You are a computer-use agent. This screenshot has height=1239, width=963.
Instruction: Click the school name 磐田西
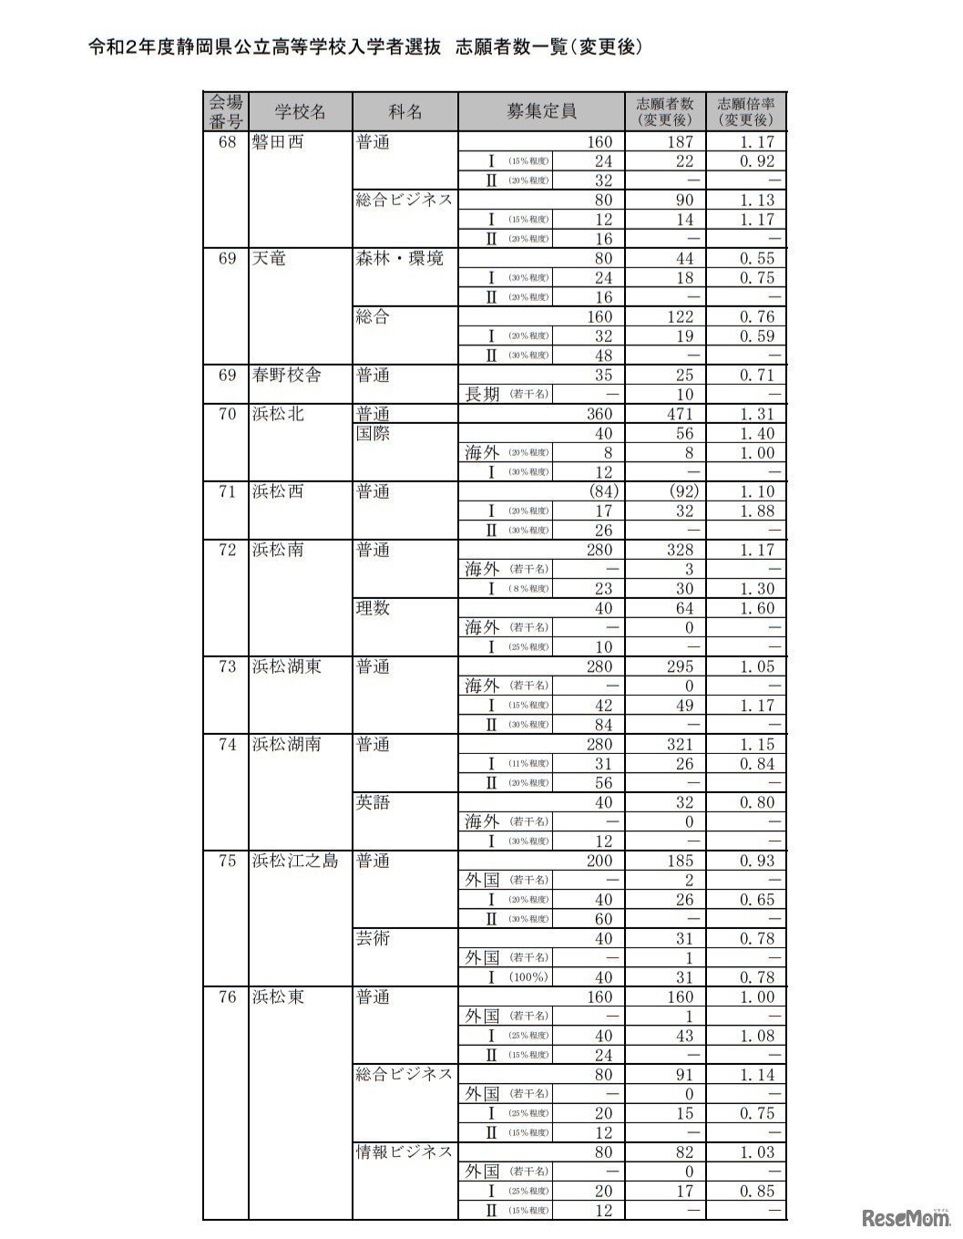click(278, 142)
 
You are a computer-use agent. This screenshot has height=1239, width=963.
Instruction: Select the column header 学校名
click(300, 112)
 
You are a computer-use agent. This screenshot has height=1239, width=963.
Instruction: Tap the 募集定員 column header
click(541, 112)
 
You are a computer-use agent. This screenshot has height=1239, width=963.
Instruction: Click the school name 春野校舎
click(286, 376)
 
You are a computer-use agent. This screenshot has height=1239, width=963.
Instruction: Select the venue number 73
click(227, 666)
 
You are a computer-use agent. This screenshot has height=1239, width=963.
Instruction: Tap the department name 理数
click(373, 608)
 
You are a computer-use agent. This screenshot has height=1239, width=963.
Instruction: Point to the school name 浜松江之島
click(295, 861)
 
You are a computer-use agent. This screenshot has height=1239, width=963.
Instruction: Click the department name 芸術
click(373, 938)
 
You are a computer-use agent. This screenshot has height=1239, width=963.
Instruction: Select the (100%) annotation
click(529, 977)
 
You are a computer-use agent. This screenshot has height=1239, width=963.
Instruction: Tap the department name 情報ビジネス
click(404, 1152)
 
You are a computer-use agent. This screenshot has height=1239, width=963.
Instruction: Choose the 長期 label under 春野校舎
click(482, 395)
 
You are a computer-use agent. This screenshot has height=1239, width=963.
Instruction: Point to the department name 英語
click(373, 802)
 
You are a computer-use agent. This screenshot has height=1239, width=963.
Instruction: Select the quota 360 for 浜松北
click(599, 414)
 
